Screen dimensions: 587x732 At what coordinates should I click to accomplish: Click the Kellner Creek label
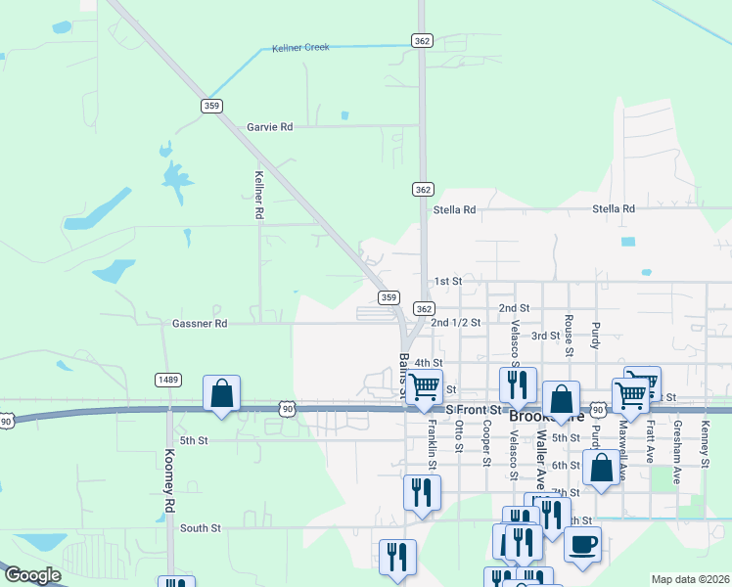pos(301,47)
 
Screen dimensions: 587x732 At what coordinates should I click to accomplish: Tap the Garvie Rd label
pos(269,127)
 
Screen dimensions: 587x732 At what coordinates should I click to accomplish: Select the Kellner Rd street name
pos(259,195)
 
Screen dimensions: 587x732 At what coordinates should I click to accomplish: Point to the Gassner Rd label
pos(200,323)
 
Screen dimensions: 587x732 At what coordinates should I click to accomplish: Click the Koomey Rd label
pos(169,480)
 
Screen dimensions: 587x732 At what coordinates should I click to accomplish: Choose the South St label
pos(201,528)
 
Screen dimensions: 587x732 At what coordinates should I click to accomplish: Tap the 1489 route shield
pos(165,379)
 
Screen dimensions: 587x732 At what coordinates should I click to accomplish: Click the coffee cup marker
pos(583,544)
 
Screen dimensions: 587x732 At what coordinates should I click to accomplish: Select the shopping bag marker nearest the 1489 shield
pos(222,393)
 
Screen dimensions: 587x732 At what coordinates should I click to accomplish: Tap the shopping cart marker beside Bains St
pos(424,386)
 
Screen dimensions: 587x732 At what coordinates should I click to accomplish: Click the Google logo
pos(32,575)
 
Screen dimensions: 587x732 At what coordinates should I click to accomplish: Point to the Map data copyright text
pos(689,579)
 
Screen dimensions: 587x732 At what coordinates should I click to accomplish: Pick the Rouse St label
pos(569,329)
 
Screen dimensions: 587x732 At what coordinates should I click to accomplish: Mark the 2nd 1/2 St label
pos(456,323)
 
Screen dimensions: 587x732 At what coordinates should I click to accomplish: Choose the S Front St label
pos(474,409)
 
